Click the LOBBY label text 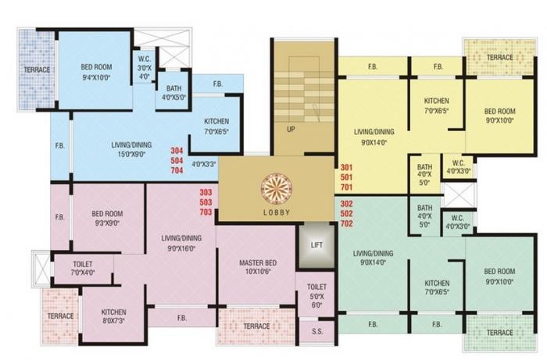277,212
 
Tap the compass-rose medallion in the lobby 277,189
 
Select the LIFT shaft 316,246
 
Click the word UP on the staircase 291,130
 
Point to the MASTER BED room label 258,262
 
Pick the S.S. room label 317,331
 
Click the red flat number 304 177,151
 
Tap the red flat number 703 206,212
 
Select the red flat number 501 346,177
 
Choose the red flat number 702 346,223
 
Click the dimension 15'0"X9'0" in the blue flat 131,154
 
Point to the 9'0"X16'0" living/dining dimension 181,248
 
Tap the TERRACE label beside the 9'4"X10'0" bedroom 37,70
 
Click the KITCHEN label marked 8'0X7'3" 114,312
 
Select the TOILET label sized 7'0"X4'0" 83,264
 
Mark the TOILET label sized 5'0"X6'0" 316,287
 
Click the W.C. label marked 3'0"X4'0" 144,59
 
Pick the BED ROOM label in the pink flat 107,214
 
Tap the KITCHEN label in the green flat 437,283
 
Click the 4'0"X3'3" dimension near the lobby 205,164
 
